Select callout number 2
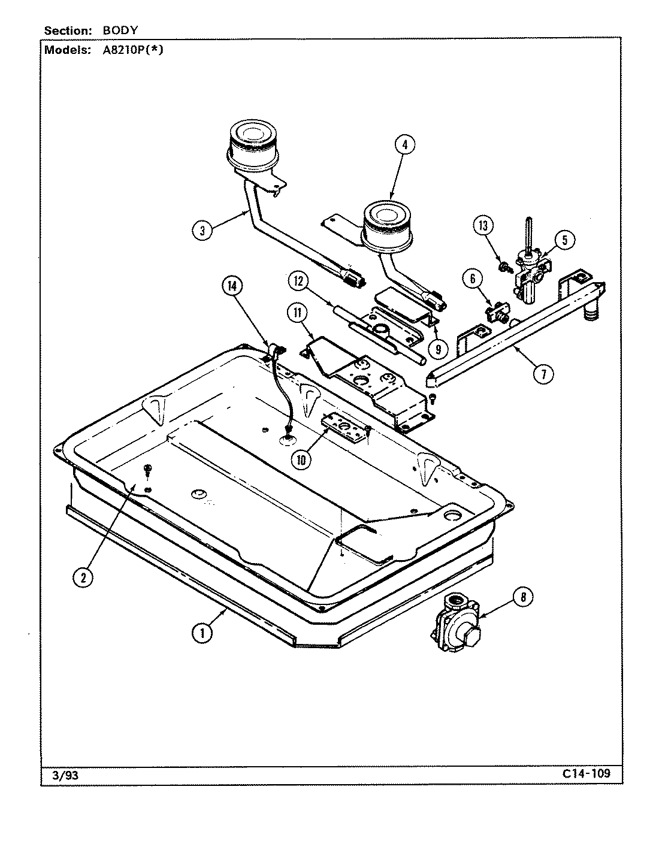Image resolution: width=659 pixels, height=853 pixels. click(x=83, y=577)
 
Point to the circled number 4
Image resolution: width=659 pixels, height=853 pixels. click(x=404, y=144)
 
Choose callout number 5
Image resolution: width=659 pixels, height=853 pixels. click(x=564, y=240)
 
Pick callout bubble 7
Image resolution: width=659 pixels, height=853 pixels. click(x=543, y=374)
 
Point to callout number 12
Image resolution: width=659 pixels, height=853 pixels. click(x=298, y=280)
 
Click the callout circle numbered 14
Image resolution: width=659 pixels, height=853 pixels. click(x=232, y=286)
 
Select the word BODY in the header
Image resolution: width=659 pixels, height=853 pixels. click(x=116, y=31)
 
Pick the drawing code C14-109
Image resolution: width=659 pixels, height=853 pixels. click(x=587, y=773)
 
